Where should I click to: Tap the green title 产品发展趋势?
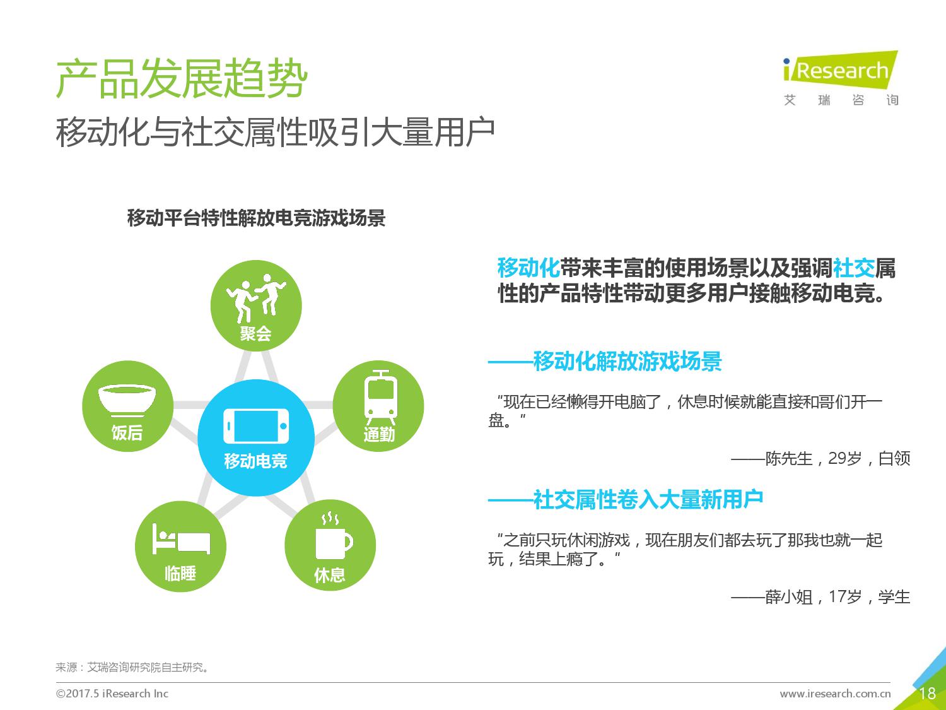tap(182, 78)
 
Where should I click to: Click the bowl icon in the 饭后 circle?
tap(127, 401)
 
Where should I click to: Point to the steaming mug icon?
tap(334, 536)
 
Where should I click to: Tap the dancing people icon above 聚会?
tap(256, 298)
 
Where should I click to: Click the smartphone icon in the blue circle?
tap(256, 426)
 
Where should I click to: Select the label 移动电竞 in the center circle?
tap(255, 461)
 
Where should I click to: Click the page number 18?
tap(927, 694)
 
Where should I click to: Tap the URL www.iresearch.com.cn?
tap(835, 694)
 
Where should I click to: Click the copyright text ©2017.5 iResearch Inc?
tap(112, 693)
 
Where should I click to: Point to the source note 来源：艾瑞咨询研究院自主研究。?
tap(132, 667)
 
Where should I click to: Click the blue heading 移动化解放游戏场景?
tap(628, 361)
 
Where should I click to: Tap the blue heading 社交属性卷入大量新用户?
tap(648, 500)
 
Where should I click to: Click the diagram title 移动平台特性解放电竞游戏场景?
tap(257, 218)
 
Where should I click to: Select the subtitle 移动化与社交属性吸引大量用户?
tap(275, 132)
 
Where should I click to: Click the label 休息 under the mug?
tap(330, 575)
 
